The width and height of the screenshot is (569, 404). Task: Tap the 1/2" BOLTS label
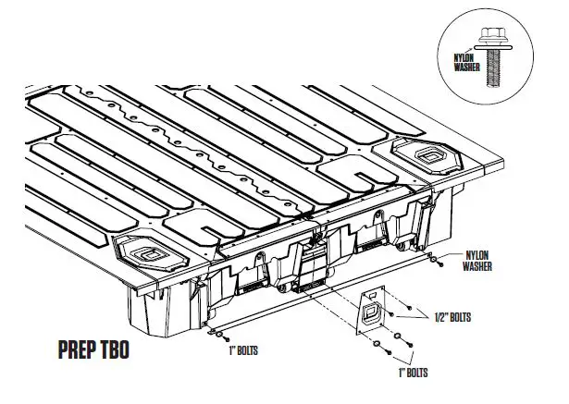452,317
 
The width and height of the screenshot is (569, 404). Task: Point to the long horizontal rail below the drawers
324,300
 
